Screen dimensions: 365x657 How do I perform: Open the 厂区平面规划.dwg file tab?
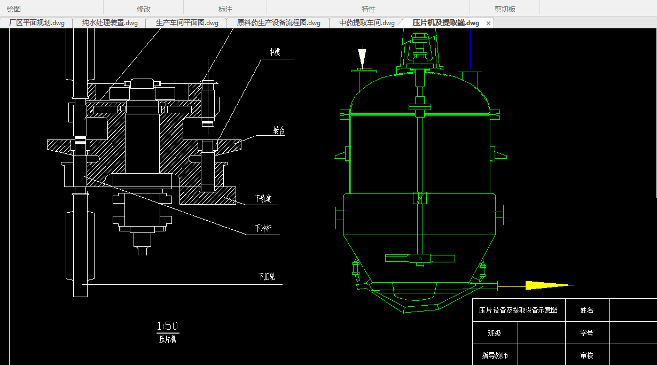[x=37, y=23]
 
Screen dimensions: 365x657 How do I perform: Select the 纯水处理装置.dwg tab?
[x=110, y=23]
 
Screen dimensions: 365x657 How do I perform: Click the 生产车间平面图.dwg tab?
[x=187, y=23]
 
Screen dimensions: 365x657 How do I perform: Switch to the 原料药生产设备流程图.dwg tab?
[x=278, y=23]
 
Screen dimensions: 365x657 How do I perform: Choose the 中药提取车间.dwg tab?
[x=367, y=23]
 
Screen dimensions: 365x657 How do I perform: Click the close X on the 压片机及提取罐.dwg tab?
[x=488, y=24]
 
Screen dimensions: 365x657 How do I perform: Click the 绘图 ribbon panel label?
[x=14, y=9]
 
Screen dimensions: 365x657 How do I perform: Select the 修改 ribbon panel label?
[x=144, y=9]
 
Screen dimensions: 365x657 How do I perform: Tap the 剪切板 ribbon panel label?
[x=505, y=9]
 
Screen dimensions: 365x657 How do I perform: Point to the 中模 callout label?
[x=275, y=52]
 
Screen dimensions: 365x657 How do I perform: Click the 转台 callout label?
[x=278, y=131]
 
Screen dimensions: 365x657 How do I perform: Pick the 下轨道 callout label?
[x=263, y=199]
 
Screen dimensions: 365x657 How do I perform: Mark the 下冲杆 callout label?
[x=263, y=229]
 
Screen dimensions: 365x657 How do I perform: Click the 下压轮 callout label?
[x=266, y=277]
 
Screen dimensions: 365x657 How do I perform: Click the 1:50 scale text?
[x=167, y=326]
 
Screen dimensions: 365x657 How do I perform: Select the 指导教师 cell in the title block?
[x=495, y=355]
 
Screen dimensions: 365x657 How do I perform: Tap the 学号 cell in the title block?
[x=586, y=333]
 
